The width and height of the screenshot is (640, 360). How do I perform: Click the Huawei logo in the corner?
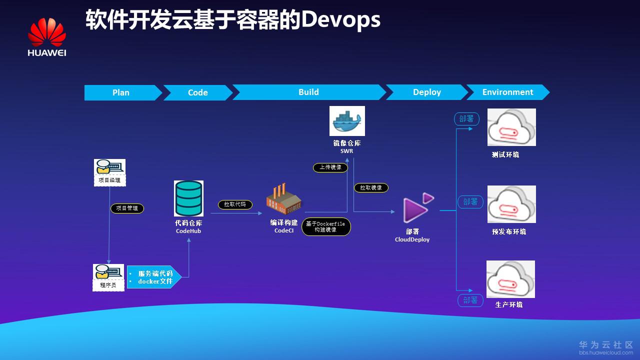pos(47,37)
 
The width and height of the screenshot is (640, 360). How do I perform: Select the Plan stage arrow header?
pos(121,92)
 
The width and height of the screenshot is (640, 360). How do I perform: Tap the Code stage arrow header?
pos(197,92)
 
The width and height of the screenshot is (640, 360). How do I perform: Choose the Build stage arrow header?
pos(308,92)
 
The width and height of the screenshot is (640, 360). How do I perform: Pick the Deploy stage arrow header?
pos(426,92)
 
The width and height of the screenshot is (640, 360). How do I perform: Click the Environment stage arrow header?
pos(507,92)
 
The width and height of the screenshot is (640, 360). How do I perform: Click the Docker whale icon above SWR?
pos(347,121)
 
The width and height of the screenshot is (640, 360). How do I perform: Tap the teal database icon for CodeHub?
pos(188,198)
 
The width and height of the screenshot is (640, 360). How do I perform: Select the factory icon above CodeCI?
pos(283,198)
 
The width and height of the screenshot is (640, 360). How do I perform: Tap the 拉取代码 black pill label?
pos(235,204)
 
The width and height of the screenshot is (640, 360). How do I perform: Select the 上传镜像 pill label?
pos(330,167)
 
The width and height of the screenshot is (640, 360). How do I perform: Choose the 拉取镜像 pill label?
pos(371,187)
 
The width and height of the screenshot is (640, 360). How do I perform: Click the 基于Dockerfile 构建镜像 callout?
pos(326,226)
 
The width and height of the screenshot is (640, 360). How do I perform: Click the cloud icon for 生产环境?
pos(510,278)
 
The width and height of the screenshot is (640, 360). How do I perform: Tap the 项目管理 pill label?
pos(127,208)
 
